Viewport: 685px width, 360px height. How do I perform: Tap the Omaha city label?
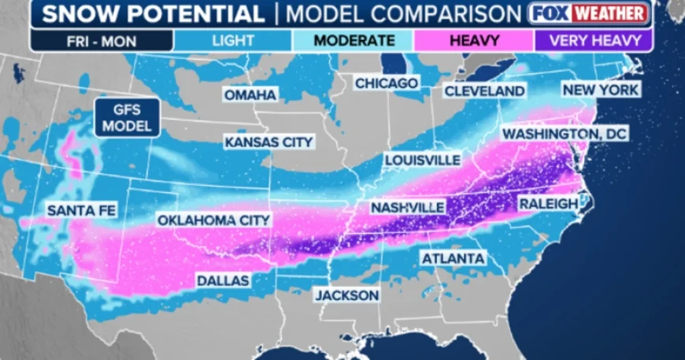pos(250,95)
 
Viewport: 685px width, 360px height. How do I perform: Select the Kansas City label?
pos(269,143)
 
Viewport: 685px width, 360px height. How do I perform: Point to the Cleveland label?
pos(484,91)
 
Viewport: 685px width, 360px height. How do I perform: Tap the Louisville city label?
pos(423,160)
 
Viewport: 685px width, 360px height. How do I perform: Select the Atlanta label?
pos(453,258)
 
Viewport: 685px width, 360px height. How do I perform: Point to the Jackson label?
pos(346,295)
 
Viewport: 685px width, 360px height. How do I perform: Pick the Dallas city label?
pos(223,280)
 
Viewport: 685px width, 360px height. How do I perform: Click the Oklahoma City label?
pos(213,220)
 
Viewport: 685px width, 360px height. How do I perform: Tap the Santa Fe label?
pos(72,210)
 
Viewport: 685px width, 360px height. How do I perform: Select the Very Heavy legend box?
pos(592,39)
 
